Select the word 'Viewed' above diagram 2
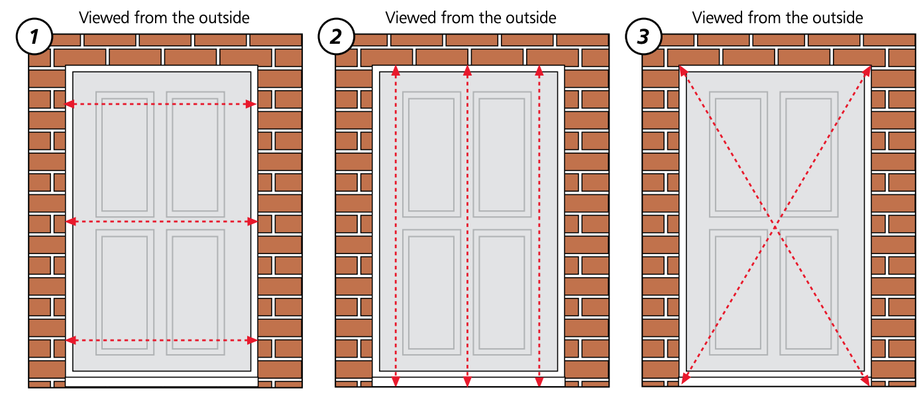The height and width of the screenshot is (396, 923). tap(407, 17)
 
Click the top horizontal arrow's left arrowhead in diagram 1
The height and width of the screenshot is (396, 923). tap(69, 104)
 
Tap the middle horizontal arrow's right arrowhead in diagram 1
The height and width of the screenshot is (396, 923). tap(253, 222)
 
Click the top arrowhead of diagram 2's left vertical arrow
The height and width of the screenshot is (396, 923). tap(396, 70)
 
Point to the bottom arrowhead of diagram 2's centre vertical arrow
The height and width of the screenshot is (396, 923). tap(468, 381)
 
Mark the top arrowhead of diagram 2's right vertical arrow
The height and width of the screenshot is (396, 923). tap(539, 70)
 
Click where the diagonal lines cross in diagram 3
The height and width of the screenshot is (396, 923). tap(775, 226)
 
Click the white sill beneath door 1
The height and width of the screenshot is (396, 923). tap(162, 381)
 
